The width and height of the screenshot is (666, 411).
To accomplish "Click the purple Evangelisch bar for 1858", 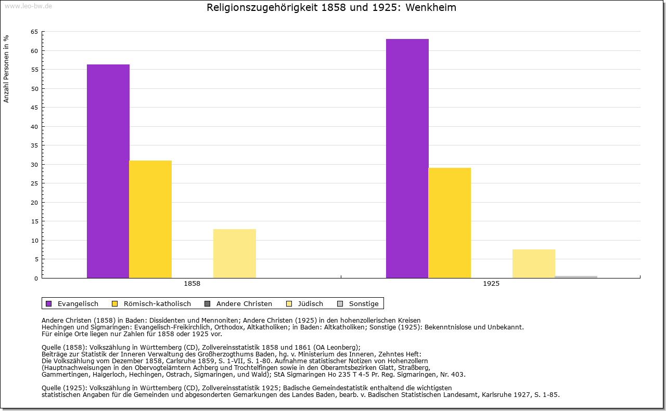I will pos(108,171).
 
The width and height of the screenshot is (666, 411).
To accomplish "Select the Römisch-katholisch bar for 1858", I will pos(150,219).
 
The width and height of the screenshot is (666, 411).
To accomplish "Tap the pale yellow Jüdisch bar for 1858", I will pos(235,254).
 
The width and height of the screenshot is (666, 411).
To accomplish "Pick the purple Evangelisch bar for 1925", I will pos(407,158).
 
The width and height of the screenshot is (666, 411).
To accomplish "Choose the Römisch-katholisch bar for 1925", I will pos(450,223).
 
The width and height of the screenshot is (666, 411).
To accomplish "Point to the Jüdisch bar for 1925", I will pos(534,264).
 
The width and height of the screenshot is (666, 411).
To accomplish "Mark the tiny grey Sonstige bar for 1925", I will pos(576,277).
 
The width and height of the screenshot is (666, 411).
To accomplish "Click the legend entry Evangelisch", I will pos(78,304).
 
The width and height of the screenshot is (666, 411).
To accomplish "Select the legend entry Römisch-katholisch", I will pos(157,304).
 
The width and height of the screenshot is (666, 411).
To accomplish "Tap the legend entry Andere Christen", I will pos(244,304).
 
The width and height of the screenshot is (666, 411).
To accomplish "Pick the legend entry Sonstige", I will pos(364,304).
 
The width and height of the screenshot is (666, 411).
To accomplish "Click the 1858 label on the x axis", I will pos(192,284).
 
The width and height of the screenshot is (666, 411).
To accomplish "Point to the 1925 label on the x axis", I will pos(491,284).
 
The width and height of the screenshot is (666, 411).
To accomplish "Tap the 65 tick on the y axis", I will pos(34,32).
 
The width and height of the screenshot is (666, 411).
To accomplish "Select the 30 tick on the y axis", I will pos(34,165).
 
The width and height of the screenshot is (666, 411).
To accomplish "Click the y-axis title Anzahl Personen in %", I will pos(6,69).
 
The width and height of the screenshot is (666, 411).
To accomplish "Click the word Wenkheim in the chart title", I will pos(432,8).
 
